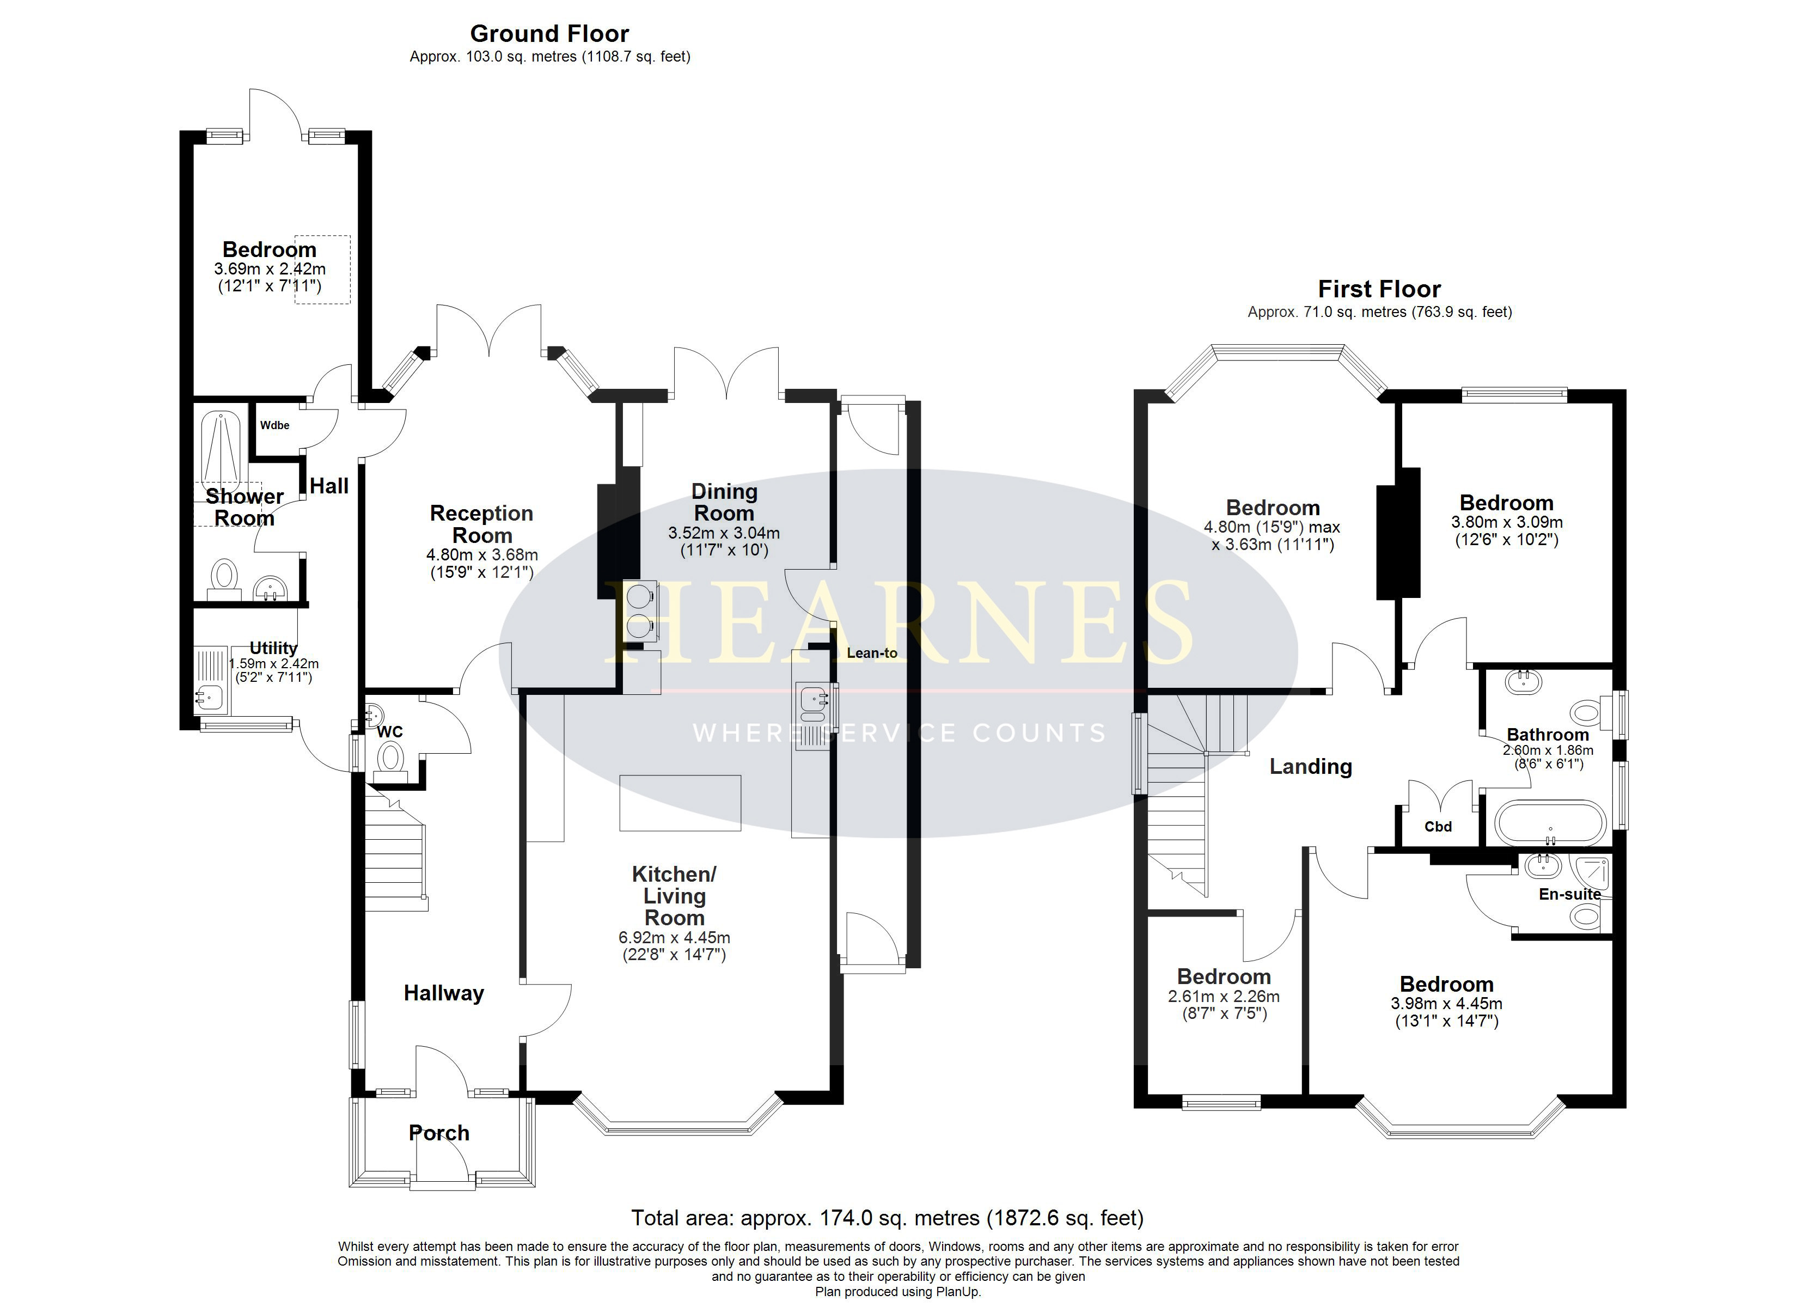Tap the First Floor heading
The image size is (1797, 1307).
click(x=1379, y=289)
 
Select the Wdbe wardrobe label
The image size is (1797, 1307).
click(x=275, y=426)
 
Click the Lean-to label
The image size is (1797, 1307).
click(x=872, y=653)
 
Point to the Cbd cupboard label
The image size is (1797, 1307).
click(x=1438, y=827)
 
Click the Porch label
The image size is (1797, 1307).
click(x=439, y=1133)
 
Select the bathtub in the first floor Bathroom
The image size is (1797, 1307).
click(x=1550, y=823)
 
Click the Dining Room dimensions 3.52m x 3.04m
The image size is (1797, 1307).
click(x=724, y=534)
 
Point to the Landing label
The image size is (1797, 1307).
click(x=1311, y=766)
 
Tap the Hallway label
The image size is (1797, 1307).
click(x=444, y=993)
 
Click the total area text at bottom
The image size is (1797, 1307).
click(x=888, y=1218)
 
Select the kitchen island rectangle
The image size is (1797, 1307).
click(x=680, y=803)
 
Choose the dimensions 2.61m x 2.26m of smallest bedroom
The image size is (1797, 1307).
click(x=1224, y=996)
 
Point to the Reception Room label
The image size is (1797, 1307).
click(x=482, y=524)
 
